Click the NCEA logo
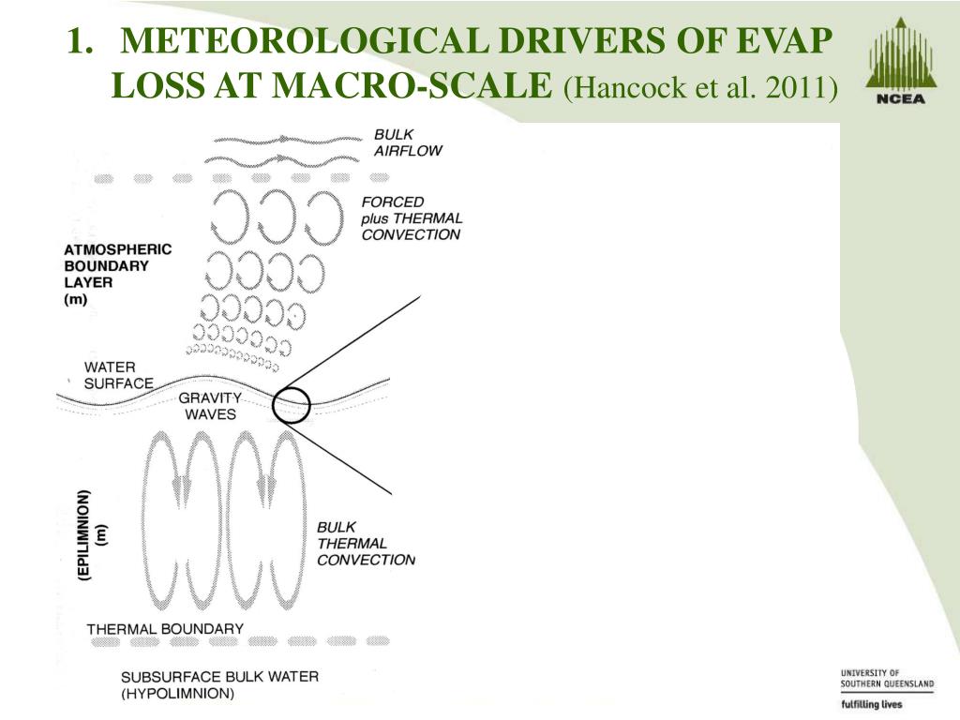point(899,62)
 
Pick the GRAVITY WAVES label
point(210,405)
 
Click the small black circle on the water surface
point(292,405)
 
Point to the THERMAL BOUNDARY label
point(165,629)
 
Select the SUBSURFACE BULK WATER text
point(219,677)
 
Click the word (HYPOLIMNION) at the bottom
point(177,695)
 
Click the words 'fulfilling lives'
point(872,703)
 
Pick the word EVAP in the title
point(786,41)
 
